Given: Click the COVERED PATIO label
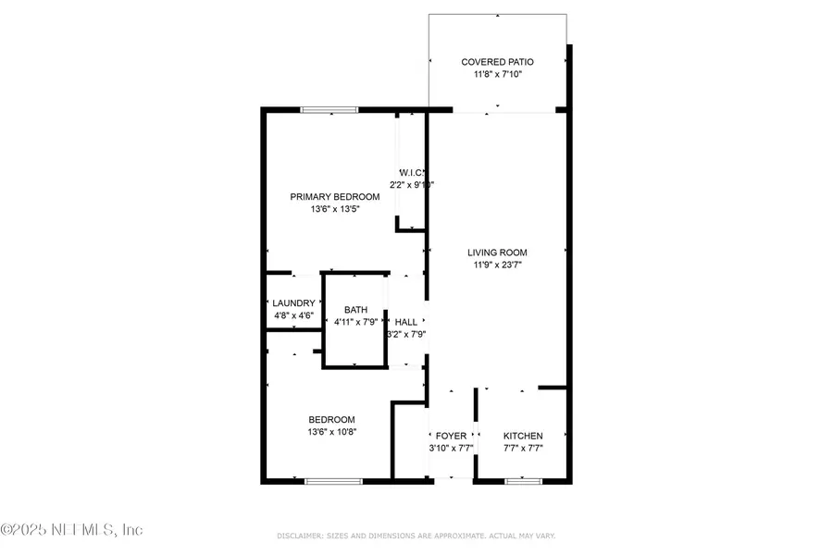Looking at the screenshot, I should [x=498, y=62].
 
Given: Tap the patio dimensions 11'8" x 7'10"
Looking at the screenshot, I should [x=498, y=75].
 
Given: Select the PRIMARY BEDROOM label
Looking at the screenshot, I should [x=335, y=197].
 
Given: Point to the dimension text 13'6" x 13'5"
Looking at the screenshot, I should [x=335, y=210].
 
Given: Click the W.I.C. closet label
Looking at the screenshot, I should [x=411, y=173].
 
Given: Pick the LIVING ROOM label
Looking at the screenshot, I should [x=497, y=253].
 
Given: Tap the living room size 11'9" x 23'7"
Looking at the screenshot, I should [x=497, y=265].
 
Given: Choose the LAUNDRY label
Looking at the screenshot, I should [x=293, y=303].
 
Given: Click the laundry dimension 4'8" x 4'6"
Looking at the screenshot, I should [x=293, y=316].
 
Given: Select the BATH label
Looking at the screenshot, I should [x=356, y=310].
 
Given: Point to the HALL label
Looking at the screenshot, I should [x=405, y=322].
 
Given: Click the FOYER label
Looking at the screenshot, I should [x=452, y=436].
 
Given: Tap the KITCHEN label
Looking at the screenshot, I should [x=523, y=436].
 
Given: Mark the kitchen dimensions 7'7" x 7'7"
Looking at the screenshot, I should [x=523, y=449].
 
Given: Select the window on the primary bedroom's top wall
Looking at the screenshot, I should [x=329, y=111].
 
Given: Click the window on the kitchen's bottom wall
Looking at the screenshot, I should [x=523, y=481].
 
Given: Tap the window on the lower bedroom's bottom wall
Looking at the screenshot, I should [x=333, y=481].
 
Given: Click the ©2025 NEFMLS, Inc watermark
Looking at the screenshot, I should [x=72, y=530].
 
